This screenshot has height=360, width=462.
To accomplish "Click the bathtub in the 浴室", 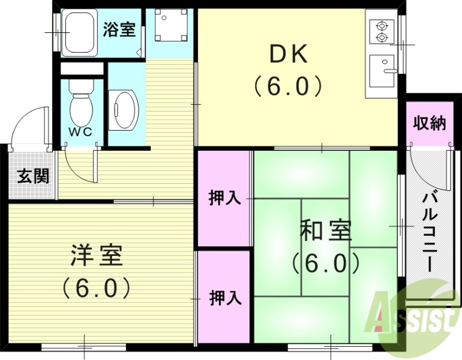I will click(x=80, y=32).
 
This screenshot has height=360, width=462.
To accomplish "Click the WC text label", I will click(x=81, y=131).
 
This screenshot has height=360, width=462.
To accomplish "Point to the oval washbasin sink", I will click(x=125, y=108).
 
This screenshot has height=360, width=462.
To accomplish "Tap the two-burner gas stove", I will click(x=382, y=32).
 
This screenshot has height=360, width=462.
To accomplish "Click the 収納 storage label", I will click(x=430, y=123).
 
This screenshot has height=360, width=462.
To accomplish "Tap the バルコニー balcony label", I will click(x=429, y=231).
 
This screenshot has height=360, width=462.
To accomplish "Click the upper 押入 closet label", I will click(x=224, y=198).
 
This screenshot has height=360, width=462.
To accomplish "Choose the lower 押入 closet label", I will click(x=225, y=298).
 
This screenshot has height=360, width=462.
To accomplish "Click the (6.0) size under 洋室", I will click(x=96, y=287).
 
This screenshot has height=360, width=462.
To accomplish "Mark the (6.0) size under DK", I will click(x=287, y=87).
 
